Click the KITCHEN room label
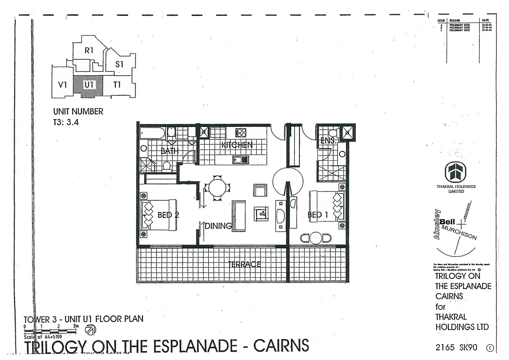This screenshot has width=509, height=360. (x=237, y=145)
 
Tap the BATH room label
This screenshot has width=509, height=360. (x=170, y=151)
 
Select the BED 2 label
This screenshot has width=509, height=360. (x=168, y=215)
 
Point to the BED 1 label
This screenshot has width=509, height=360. (x=318, y=215)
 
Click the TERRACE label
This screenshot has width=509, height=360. (x=245, y=264)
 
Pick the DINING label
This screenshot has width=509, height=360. (x=218, y=226)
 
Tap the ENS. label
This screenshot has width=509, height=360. (x=328, y=141)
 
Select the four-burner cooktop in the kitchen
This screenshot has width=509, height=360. (x=241, y=132)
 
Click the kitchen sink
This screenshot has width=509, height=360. (x=241, y=160)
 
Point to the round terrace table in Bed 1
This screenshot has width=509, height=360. (x=315, y=238)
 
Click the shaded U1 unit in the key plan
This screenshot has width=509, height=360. (x=89, y=85)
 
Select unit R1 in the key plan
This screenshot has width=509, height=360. (x=89, y=51)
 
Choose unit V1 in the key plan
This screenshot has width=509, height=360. (x=63, y=85)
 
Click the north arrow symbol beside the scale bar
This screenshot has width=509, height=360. (x=90, y=330)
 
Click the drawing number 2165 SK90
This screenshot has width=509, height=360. (x=456, y=348)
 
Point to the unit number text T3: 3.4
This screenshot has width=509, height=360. (x=66, y=122)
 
